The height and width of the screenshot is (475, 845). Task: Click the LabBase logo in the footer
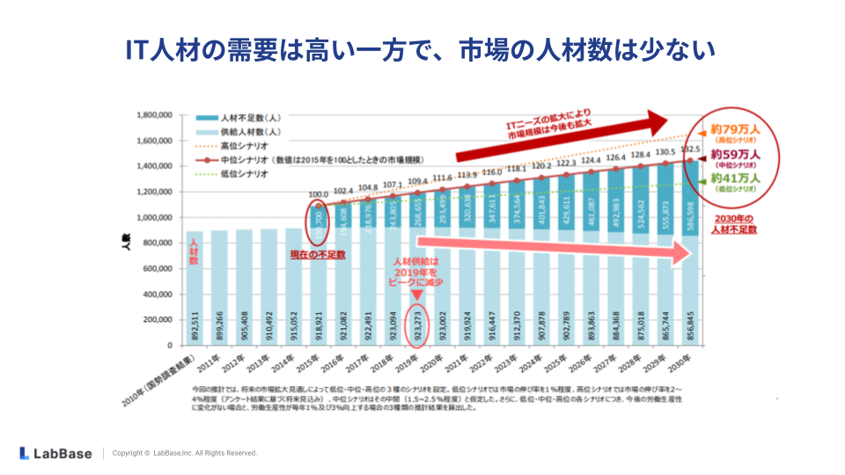coord(55,453)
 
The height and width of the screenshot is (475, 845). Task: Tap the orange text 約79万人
coord(736,128)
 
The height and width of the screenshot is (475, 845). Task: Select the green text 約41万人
coord(736,178)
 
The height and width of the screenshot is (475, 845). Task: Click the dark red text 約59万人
coord(736,153)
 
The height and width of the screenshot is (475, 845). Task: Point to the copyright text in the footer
coord(185,453)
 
